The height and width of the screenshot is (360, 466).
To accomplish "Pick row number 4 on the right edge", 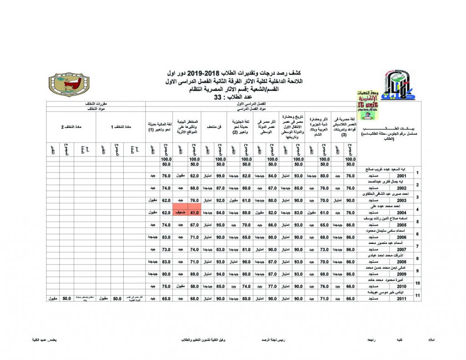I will [x=418, y=209].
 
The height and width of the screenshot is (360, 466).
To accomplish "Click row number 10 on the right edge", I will [x=418, y=283].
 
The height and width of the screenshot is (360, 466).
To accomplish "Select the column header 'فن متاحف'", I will [x=214, y=125].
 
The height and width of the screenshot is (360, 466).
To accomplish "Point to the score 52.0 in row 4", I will [x=273, y=212].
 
